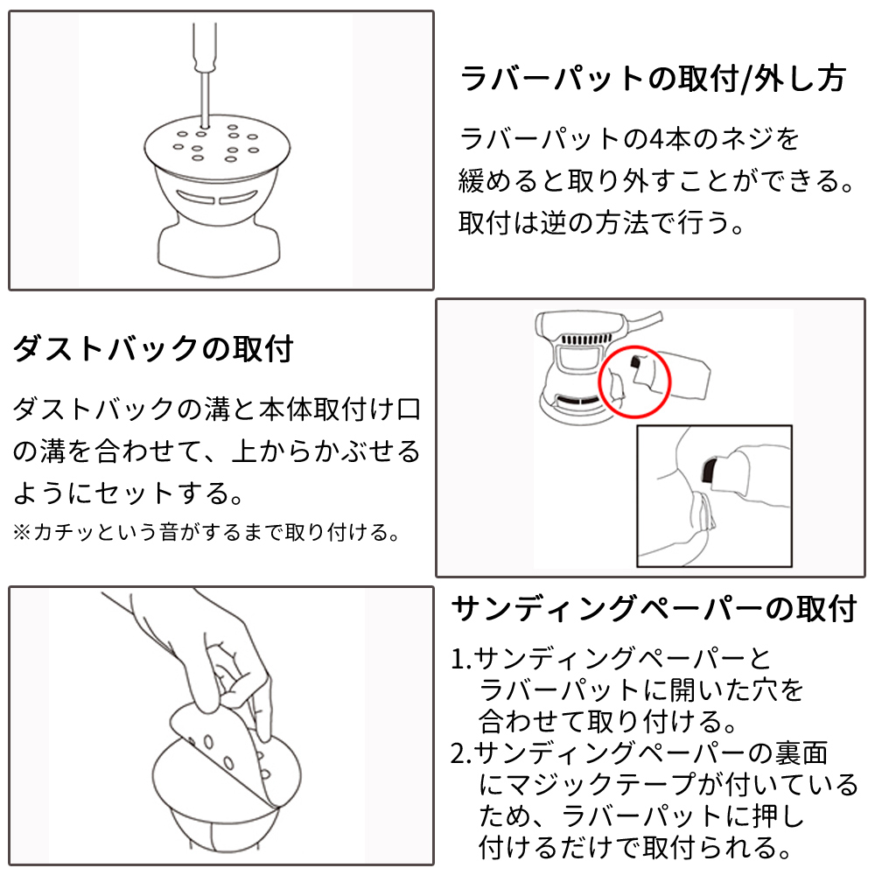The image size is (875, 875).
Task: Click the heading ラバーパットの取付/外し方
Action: (653, 78)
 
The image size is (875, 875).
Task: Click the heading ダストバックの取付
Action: (153, 349)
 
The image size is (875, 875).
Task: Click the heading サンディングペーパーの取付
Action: (654, 608)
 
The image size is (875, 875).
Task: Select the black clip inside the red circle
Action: (634, 362)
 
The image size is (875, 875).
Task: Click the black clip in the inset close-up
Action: (709, 469)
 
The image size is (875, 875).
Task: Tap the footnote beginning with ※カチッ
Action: (206, 532)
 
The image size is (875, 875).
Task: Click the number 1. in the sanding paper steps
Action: (461, 659)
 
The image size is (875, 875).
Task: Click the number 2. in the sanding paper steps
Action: (461, 754)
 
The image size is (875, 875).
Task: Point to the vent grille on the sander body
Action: (584, 339)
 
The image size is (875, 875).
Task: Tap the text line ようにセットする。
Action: (128, 493)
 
